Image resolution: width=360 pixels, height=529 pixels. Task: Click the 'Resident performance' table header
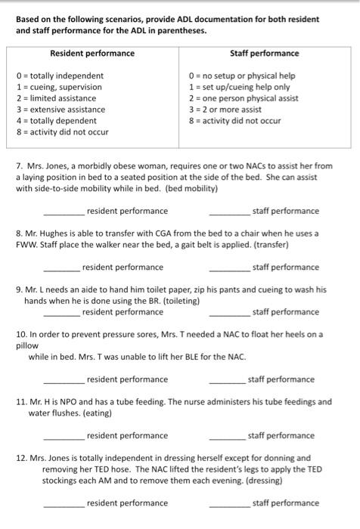(92, 54)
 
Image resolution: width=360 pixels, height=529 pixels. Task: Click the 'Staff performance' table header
(264, 54)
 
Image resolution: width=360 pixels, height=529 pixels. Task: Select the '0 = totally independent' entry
(60, 76)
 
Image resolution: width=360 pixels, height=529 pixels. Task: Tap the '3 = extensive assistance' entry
(61, 110)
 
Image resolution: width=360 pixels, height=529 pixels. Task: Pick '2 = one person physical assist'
(243, 98)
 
